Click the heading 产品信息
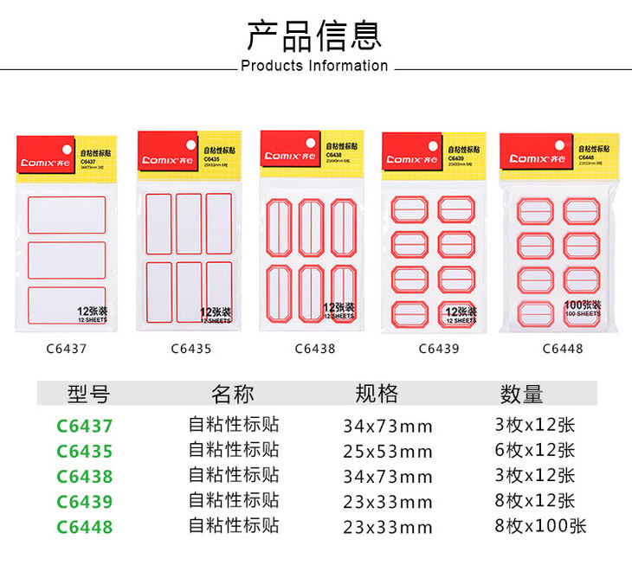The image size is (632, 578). tap(314, 35)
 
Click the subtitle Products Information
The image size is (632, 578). tap(314, 66)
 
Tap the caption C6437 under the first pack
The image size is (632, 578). tap(66, 350)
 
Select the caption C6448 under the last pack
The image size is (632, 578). tap(563, 350)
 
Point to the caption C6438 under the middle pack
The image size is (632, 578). tap(314, 350)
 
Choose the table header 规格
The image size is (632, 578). tap(377, 395)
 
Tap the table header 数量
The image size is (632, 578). tap(521, 395)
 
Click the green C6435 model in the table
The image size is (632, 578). tap(85, 452)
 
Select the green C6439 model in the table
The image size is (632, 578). tap(85, 502)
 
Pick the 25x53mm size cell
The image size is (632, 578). tap(386, 452)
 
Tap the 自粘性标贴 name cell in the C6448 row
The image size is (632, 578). tap(234, 526)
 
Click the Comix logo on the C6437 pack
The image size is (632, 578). tap(47, 162)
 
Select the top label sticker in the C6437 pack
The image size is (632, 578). tap(67, 215)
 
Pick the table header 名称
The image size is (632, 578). tap(233, 395)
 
